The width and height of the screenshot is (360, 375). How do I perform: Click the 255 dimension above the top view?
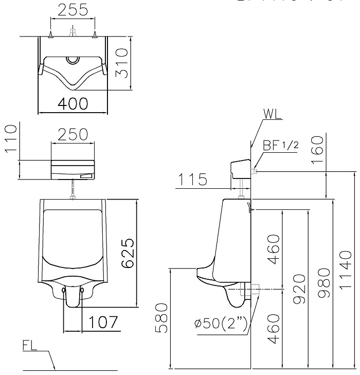[x=72, y=10]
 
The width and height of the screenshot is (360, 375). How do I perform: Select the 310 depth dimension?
[x=121, y=62]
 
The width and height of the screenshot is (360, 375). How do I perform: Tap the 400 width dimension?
[x=72, y=103]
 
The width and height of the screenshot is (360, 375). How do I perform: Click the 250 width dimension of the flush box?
[x=72, y=134]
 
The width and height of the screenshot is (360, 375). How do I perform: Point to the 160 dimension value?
[x=318, y=150]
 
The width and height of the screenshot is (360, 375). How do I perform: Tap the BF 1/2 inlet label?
[x=280, y=146]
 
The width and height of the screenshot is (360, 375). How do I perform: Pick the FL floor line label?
[x=30, y=345]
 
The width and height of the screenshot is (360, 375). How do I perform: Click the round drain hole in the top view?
[x=73, y=59]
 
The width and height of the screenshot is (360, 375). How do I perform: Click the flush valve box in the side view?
[x=240, y=168]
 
